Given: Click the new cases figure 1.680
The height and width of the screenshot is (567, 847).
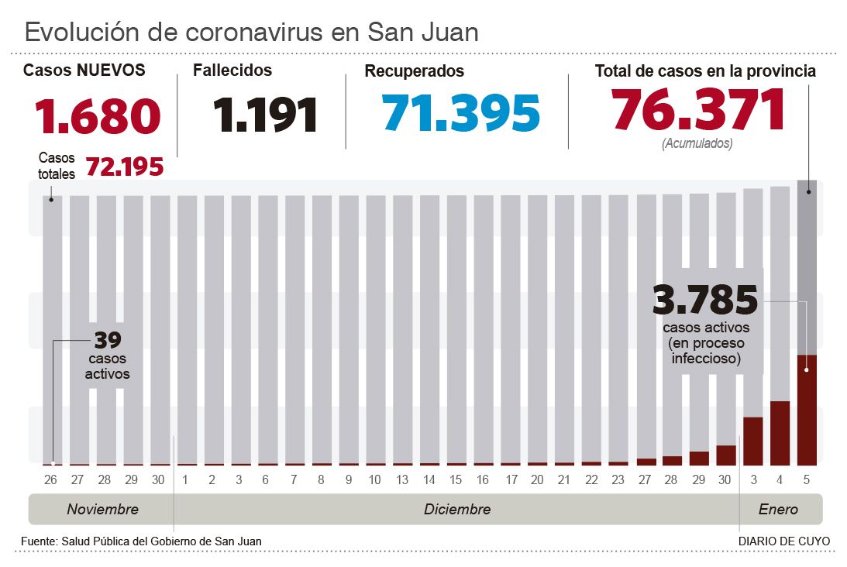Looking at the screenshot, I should [x=98, y=116].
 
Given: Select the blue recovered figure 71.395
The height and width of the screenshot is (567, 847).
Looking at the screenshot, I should [x=461, y=113].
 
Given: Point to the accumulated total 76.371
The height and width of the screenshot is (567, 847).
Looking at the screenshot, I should [x=698, y=110].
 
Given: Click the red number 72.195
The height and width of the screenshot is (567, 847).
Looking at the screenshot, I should [x=124, y=167].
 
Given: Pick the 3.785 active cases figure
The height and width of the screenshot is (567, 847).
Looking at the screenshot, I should [x=705, y=300].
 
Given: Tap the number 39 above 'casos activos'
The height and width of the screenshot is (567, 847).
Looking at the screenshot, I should [x=108, y=340].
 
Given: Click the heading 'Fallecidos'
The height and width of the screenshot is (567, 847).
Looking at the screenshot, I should [x=232, y=70].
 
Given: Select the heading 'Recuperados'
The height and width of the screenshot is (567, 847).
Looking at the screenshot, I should [x=414, y=71].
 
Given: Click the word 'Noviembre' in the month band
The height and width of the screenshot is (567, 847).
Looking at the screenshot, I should [x=102, y=510].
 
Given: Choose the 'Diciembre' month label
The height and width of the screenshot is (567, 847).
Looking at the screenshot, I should [x=457, y=510].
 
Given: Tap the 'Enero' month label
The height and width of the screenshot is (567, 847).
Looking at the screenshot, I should [x=778, y=510].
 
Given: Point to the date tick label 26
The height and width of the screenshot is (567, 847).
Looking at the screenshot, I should [x=50, y=480].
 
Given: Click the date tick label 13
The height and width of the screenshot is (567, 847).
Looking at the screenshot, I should [x=401, y=480].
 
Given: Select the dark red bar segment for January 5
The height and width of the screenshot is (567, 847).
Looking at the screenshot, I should [x=807, y=411].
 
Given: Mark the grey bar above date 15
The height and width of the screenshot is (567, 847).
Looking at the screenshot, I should [x=456, y=325].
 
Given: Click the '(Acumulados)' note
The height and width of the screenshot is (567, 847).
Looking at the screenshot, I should [x=697, y=143].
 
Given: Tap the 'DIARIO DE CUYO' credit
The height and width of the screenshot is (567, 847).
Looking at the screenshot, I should [x=783, y=541].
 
